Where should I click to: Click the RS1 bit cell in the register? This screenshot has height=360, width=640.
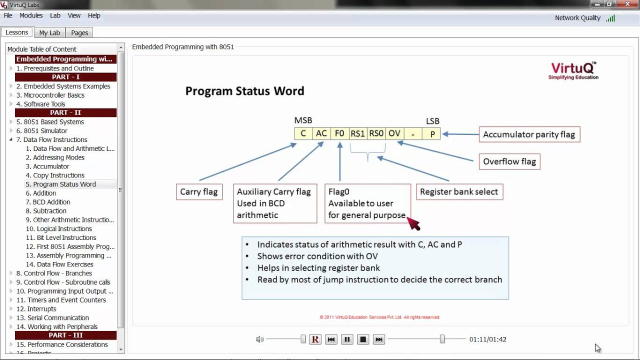pyautogui.click(x=357, y=133)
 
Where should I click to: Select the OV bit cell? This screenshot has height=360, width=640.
pyautogui.click(x=394, y=133)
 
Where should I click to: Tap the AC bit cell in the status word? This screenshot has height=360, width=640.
pyautogui.click(x=321, y=133)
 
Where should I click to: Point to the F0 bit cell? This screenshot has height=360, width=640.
pyautogui.click(x=339, y=133)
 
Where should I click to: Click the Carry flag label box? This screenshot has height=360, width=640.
pyautogui.click(x=199, y=192)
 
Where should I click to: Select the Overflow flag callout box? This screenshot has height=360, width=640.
pyautogui.click(x=509, y=161)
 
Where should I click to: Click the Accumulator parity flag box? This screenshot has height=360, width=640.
pyautogui.click(x=529, y=134)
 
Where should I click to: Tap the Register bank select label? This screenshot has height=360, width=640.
pyautogui.click(x=459, y=191)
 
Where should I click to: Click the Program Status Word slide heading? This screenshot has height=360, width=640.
pyautogui.click(x=244, y=91)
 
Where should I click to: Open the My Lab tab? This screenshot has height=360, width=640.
pyautogui.click(x=49, y=32)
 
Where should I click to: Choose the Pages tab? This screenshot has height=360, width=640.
pyautogui.click(x=79, y=32)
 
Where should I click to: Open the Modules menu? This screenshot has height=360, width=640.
pyautogui.click(x=31, y=15)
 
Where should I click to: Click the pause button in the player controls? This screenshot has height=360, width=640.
pyautogui.click(x=347, y=339)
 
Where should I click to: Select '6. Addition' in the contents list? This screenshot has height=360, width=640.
pyautogui.click(x=44, y=193)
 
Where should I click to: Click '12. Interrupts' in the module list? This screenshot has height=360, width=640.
pyautogui.click(x=36, y=309)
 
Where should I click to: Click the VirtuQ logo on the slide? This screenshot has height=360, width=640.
pyautogui.click(x=573, y=70)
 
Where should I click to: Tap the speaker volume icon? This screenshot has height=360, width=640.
pyautogui.click(x=259, y=339)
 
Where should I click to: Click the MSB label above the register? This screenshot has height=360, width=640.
pyautogui.click(x=303, y=120)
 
